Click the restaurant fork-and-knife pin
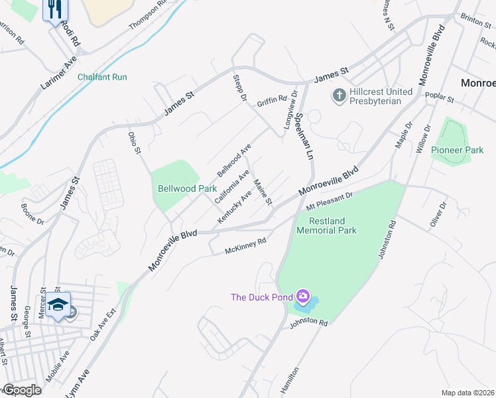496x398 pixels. (55, 9)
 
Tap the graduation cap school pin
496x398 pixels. (58, 304)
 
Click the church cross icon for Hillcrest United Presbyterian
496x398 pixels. (339, 96)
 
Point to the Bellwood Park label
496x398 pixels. (183, 188)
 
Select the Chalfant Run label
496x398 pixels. (102, 77)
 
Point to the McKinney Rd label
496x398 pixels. (245, 245)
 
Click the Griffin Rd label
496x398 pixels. (272, 99)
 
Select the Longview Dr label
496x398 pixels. (288, 111)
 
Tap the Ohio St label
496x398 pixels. (135, 143)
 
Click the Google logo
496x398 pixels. (22, 390)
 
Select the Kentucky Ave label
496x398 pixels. (235, 207)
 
